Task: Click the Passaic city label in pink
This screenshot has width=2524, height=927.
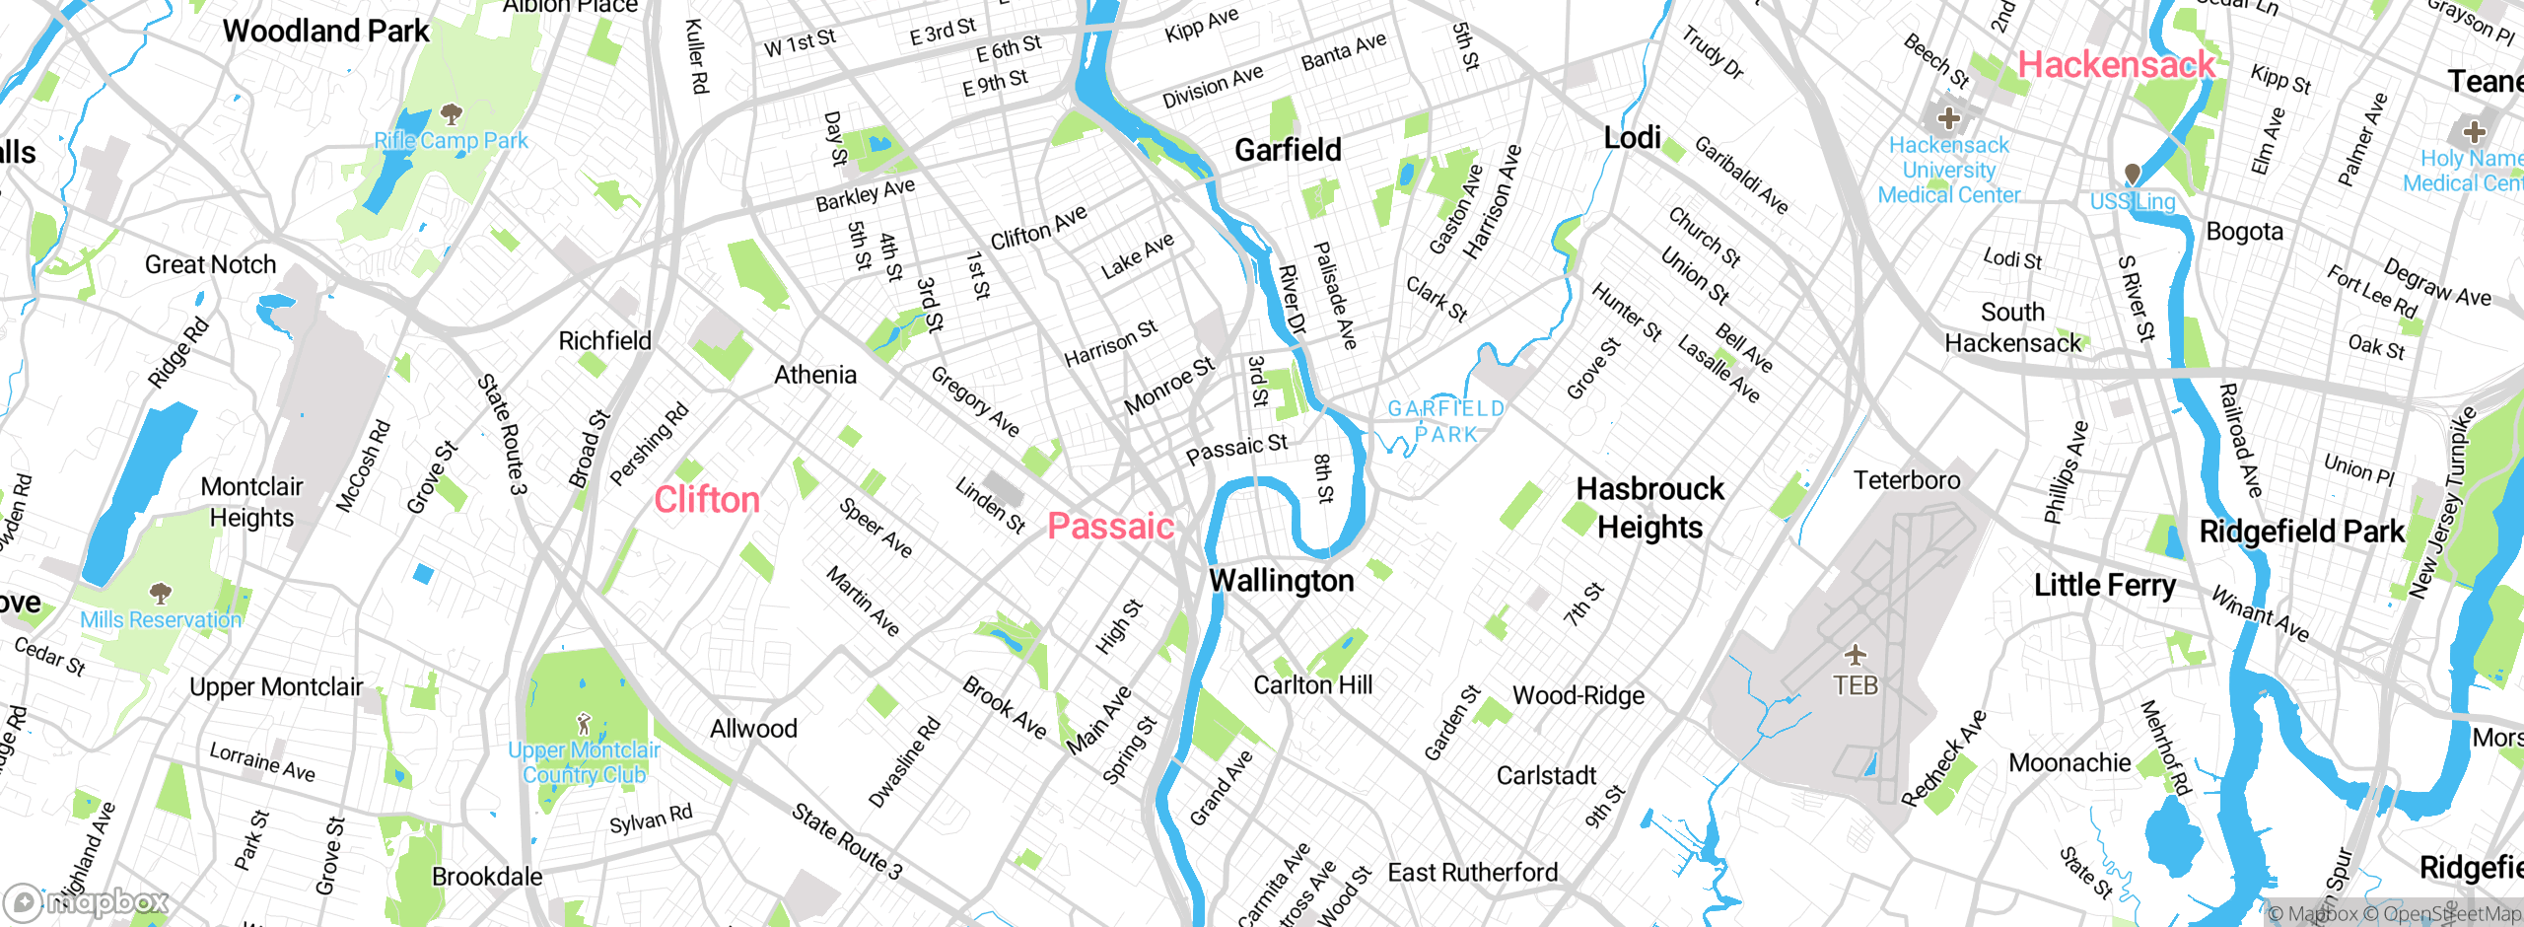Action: click(1110, 526)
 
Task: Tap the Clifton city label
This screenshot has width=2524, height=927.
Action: click(707, 499)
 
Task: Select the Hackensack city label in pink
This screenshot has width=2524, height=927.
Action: click(2116, 65)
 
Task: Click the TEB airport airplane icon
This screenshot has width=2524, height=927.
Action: click(1856, 655)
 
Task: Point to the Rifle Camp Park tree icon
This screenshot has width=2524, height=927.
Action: click(452, 113)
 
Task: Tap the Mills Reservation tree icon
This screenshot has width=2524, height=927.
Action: click(161, 593)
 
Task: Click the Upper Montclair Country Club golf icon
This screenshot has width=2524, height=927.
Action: click(584, 724)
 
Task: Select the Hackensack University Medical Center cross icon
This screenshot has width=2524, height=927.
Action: click(1948, 119)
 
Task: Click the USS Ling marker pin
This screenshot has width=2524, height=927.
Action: click(2132, 175)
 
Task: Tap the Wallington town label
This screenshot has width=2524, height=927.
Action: click(1281, 581)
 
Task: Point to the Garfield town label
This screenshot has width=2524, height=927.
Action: click(1288, 150)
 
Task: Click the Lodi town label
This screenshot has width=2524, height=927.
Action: click(1632, 137)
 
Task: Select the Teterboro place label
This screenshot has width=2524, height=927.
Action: click(1906, 480)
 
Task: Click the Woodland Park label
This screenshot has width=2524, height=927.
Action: click(325, 31)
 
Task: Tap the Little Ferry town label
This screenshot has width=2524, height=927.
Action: click(2104, 585)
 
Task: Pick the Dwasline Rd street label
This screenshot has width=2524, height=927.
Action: click(904, 762)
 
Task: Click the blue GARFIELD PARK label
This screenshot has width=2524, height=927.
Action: click(1445, 421)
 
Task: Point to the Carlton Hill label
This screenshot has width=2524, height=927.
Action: click(1312, 684)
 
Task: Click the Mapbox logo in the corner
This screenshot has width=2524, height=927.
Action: click(86, 901)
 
